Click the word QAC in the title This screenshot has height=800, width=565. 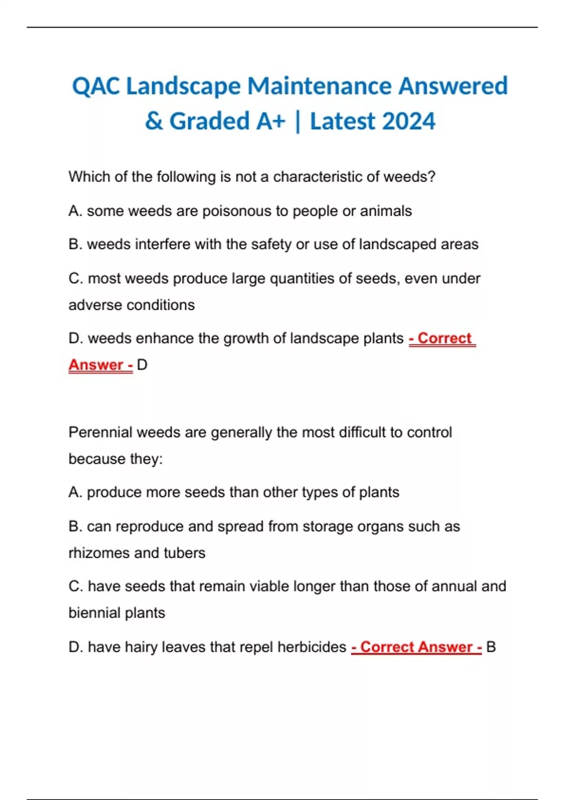(x=96, y=87)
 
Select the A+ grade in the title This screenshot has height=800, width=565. (x=271, y=121)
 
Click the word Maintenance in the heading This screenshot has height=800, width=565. (x=319, y=87)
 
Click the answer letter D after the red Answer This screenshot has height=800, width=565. (x=142, y=365)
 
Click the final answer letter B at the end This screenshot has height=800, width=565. (x=491, y=647)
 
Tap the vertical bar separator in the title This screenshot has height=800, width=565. (x=298, y=121)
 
